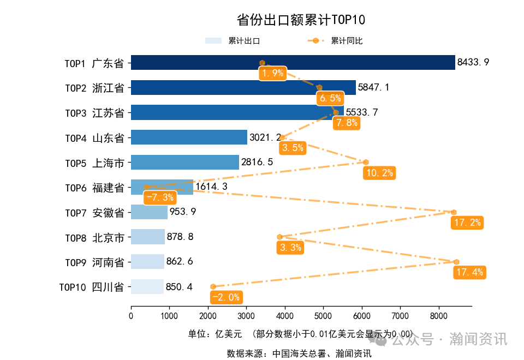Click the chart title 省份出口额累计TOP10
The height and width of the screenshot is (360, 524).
pyautogui.click(x=301, y=20)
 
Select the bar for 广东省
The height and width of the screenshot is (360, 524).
pyautogui.click(x=293, y=63)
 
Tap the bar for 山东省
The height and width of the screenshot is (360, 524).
pyautogui.click(x=189, y=137)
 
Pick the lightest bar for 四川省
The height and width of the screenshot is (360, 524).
pyautogui.click(x=147, y=286)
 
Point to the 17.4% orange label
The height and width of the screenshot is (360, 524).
pyautogui.click(x=469, y=272)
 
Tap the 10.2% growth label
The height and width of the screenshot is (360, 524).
pyautogui.click(x=379, y=173)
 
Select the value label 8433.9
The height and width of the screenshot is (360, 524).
pyautogui.click(x=473, y=62)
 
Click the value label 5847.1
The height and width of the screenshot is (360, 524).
pyautogui.click(x=374, y=87)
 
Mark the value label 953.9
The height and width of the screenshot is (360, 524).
pyautogui.click(x=183, y=212)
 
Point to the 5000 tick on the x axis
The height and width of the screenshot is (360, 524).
pyautogui.click(x=323, y=315)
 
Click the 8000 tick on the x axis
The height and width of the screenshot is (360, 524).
pyautogui.click(x=439, y=315)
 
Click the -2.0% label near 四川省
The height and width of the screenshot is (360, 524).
pyautogui.click(x=226, y=297)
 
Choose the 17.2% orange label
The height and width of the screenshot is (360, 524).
pyautogui.click(x=467, y=223)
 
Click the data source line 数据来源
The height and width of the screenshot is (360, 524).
pyautogui.click(x=299, y=353)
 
